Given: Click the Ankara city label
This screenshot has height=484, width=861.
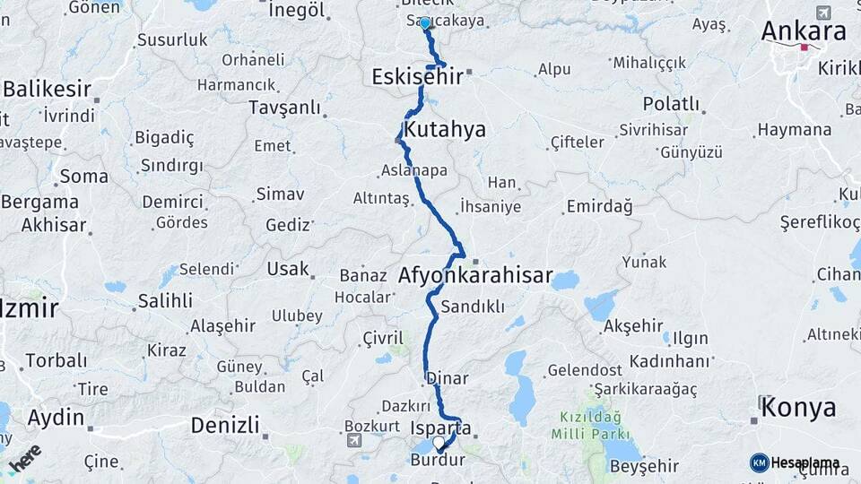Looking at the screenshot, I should click(804, 30).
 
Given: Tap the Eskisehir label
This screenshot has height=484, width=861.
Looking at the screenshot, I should click(418, 77).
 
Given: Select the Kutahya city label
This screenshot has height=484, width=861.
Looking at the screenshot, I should click(445, 129).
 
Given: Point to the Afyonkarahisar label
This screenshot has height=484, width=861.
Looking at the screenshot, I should click(475, 275).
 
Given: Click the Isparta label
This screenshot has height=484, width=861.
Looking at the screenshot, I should click(439, 428).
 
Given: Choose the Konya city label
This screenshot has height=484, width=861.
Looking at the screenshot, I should click(799, 409).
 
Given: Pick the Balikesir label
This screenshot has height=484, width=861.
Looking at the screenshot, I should click(48, 89).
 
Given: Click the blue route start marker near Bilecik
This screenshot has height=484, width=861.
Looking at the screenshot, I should click(425, 22).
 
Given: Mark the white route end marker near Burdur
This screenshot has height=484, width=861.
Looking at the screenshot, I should click(439, 443).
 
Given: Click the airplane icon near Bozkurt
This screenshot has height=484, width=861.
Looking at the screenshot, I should click(354, 441).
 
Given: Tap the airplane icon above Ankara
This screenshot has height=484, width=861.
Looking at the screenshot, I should click(824, 12).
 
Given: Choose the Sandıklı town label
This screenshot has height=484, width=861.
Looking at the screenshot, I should click(474, 307).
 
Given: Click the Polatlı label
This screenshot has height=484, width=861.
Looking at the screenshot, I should click(671, 103).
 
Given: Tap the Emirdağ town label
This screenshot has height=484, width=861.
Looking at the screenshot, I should click(599, 207).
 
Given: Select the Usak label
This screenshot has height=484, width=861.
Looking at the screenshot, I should click(288, 268).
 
